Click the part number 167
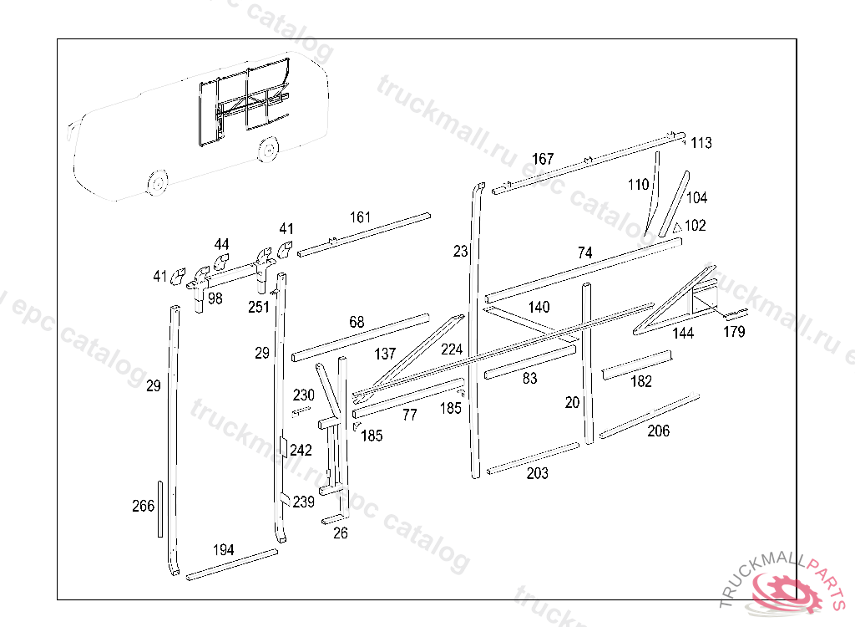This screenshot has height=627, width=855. tap(543, 159)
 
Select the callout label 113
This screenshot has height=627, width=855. tap(701, 143)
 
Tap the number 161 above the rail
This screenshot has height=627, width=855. tap(360, 217)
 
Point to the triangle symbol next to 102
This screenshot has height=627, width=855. tap(677, 227)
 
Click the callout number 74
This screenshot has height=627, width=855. tap(584, 252)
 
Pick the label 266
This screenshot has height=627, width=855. tap(143, 506)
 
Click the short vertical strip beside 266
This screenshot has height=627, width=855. tap(159, 509)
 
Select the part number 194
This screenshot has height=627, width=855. tap(223, 549)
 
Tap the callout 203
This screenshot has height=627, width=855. tap(538, 474)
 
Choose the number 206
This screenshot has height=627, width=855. tap(658, 431)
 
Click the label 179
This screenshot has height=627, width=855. tap(735, 332)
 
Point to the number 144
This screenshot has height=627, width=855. tap(683, 334)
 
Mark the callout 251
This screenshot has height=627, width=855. tap(259, 306)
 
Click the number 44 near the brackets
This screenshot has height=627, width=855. tap(221, 244)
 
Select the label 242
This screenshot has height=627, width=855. tap(301, 451)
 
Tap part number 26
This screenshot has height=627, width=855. tap(340, 533)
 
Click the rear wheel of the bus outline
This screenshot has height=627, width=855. tap(268, 150)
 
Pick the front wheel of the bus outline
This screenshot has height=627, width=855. tap(155, 181)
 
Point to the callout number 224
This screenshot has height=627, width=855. tap(451, 349)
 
